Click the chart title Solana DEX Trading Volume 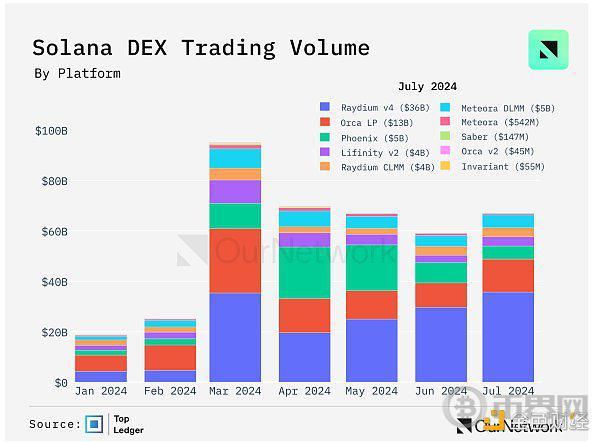click(x=201, y=48)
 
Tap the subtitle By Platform click(x=77, y=73)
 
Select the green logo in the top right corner click(x=548, y=50)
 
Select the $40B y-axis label click(x=52, y=282)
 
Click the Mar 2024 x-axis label click(x=235, y=391)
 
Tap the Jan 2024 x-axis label click(x=101, y=391)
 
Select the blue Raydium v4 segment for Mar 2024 click(x=235, y=337)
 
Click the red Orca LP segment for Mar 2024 click(x=235, y=260)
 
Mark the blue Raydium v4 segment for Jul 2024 click(x=507, y=337)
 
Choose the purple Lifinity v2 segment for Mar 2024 click(x=235, y=192)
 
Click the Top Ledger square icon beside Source click(x=95, y=424)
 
